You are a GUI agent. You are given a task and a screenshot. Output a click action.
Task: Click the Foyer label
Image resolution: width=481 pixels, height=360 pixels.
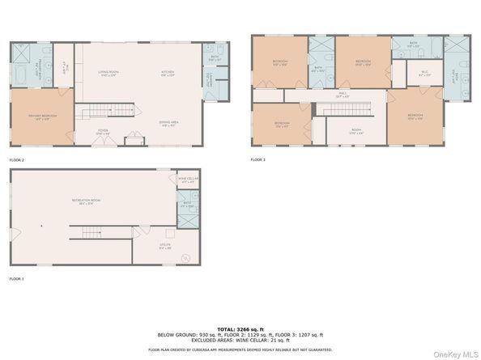coord(104,133)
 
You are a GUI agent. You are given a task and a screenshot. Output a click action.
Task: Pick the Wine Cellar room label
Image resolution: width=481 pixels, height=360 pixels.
coord(188,180)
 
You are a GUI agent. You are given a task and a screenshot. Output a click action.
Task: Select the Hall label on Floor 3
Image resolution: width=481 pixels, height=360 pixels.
coord(342,95)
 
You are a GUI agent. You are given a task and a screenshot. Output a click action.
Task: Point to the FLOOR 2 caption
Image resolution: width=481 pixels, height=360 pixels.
coord(17,160)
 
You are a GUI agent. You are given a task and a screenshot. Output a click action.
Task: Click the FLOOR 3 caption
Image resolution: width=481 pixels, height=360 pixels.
coord(258,160)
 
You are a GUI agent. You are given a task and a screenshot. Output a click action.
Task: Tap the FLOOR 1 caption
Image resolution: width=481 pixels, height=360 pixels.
coord(17,278)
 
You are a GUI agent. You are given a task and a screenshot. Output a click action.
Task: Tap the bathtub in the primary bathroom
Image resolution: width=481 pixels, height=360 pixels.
coord(20,77)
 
